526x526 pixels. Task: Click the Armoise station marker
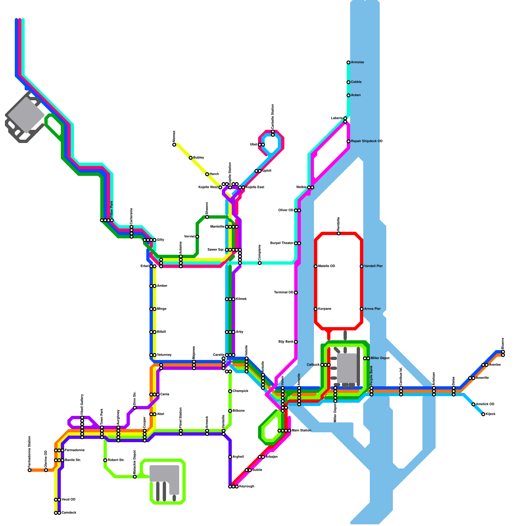click(348, 62)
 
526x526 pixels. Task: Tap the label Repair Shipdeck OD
click(367, 141)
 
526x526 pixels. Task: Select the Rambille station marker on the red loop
click(339, 233)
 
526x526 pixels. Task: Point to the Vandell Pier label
click(373, 266)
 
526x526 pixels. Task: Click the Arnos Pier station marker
click(362, 309)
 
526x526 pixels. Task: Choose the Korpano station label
click(324, 309)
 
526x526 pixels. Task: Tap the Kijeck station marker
click(483, 414)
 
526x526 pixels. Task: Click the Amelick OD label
click(485, 404)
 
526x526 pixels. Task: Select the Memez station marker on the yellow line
click(174, 145)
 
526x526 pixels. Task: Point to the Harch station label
click(214, 174)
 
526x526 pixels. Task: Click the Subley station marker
click(191, 158)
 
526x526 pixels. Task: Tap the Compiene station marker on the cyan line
click(260, 263)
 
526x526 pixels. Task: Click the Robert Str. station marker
click(105, 460)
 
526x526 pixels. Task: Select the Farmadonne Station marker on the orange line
click(30, 470)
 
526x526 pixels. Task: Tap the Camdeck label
click(69, 513)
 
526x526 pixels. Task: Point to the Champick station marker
click(230, 391)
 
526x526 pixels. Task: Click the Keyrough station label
click(247, 487)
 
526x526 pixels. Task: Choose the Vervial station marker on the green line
click(197, 237)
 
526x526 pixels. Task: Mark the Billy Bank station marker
click(296, 342)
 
